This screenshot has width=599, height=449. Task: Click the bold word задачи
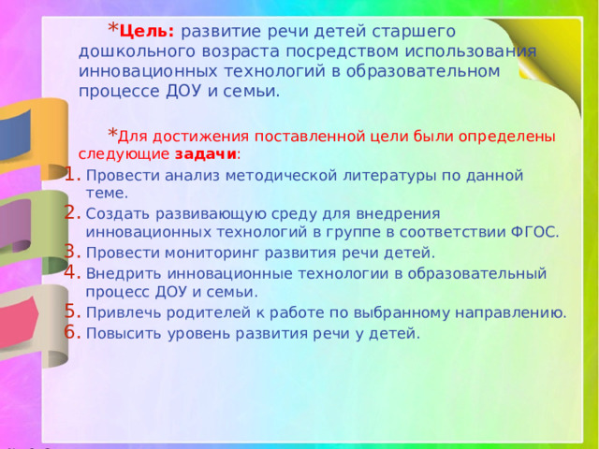(x=206, y=154)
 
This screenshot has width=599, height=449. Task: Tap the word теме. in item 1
(x=107, y=194)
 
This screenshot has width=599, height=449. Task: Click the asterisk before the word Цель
(x=113, y=28)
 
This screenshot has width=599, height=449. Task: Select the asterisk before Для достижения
(x=112, y=133)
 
